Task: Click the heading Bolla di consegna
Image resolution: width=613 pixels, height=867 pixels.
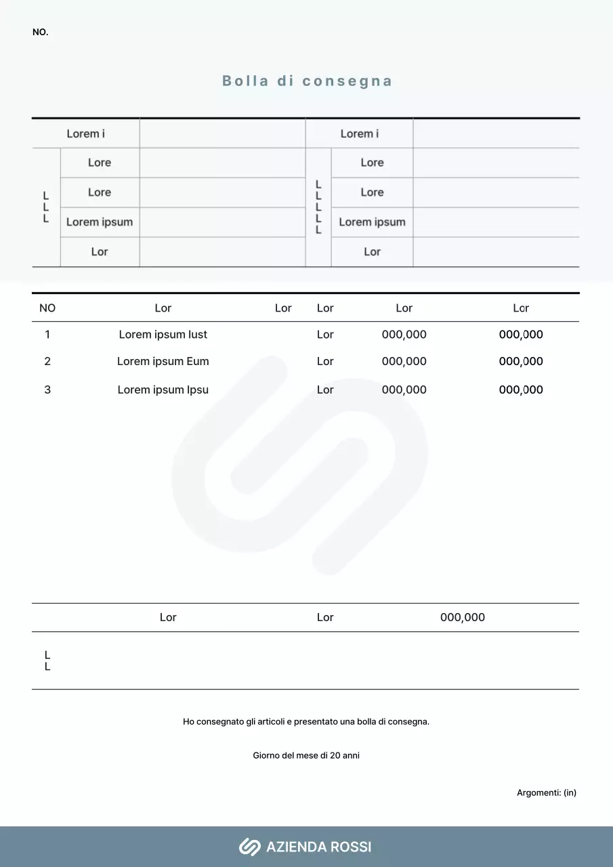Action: pyautogui.click(x=307, y=81)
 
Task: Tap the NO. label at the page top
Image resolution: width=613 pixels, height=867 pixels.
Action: pyautogui.click(x=41, y=33)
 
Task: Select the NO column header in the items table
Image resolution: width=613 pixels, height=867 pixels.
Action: pyautogui.click(x=47, y=308)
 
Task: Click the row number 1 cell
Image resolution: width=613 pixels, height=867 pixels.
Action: pyautogui.click(x=47, y=335)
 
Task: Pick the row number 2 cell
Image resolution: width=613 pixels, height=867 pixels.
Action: pyautogui.click(x=47, y=362)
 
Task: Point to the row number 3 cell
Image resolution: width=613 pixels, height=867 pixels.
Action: pyautogui.click(x=47, y=390)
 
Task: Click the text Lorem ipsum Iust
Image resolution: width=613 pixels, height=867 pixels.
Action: pyautogui.click(x=163, y=335)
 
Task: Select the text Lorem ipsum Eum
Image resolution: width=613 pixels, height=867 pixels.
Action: pyautogui.click(x=163, y=362)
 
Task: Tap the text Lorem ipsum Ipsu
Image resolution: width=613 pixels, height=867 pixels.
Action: pyautogui.click(x=163, y=390)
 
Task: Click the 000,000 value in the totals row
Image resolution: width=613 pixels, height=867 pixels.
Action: pyautogui.click(x=463, y=618)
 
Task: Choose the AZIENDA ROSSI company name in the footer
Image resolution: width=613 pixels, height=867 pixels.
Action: pyautogui.click(x=318, y=847)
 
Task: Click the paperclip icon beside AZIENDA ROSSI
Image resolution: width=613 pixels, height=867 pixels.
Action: pyautogui.click(x=249, y=847)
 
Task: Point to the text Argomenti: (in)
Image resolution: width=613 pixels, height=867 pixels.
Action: pyautogui.click(x=546, y=792)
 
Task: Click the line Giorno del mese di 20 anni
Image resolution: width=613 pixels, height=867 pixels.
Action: pyautogui.click(x=306, y=756)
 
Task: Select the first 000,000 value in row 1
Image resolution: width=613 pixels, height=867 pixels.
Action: pyautogui.click(x=404, y=335)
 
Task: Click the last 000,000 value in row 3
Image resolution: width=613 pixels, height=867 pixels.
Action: pyautogui.click(x=521, y=390)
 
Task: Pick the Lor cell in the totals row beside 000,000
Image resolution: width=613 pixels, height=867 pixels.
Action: pyautogui.click(x=325, y=618)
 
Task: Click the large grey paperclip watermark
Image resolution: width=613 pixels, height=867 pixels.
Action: pyautogui.click(x=299, y=465)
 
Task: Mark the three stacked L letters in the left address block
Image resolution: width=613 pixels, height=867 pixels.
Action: pyautogui.click(x=46, y=207)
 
